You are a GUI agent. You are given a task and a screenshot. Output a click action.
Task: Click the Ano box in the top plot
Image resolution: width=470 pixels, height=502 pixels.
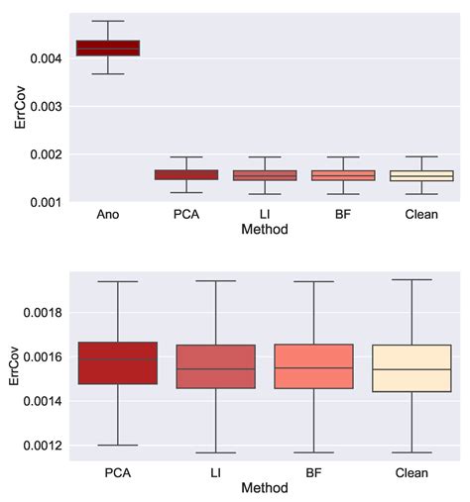108,48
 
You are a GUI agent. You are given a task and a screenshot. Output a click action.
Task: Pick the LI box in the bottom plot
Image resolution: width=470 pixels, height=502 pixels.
214,366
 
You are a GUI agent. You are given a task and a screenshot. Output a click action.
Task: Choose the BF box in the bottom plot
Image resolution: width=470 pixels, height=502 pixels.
312,366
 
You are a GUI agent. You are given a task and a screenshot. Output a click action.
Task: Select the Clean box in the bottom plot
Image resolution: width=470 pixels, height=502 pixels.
411,367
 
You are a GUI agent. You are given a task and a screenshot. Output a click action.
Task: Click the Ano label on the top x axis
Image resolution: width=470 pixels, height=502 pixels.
108,214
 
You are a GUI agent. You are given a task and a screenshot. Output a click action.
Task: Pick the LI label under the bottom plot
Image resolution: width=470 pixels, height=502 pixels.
214,473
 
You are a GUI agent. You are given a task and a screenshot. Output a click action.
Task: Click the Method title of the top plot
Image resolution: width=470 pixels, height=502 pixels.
265,229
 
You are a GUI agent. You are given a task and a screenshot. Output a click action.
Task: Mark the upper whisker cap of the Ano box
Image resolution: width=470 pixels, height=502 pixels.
108,21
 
